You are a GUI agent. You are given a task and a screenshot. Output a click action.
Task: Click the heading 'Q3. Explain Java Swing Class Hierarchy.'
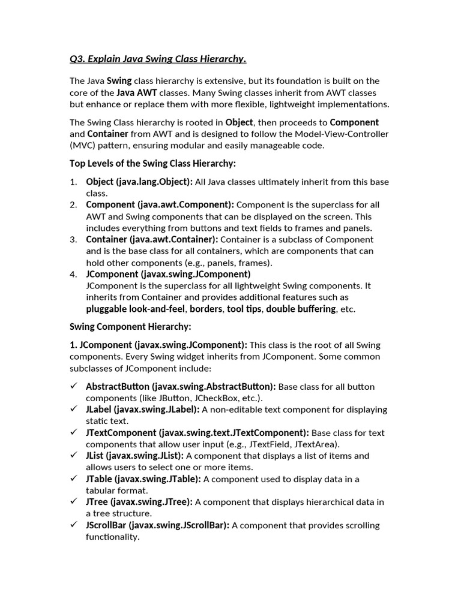tap(158, 58)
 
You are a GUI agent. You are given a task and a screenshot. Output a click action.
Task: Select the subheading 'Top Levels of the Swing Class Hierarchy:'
tap(153, 163)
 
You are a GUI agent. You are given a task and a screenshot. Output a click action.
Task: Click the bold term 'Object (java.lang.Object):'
tap(139, 182)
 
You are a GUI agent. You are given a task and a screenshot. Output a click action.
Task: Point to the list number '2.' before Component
tap(73, 204)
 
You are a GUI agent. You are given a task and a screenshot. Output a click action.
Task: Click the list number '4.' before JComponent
tap(73, 274)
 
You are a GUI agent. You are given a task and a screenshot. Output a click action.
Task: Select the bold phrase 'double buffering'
tap(301, 309)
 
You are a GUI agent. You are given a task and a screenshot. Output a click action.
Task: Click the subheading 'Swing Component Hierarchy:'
tap(130, 327)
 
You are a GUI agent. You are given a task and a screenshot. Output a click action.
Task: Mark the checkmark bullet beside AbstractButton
tap(74, 386)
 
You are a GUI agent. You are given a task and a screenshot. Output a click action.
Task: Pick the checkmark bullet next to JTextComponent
tap(74, 432)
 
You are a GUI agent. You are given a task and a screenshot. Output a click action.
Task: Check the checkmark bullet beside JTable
tap(74, 478)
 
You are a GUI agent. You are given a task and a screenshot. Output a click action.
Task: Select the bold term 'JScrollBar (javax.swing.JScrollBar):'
tap(157, 525)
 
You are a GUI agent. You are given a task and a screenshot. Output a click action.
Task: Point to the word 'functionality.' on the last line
tap(113, 537)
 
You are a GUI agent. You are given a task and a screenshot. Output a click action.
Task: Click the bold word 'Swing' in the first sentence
tap(119, 81)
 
